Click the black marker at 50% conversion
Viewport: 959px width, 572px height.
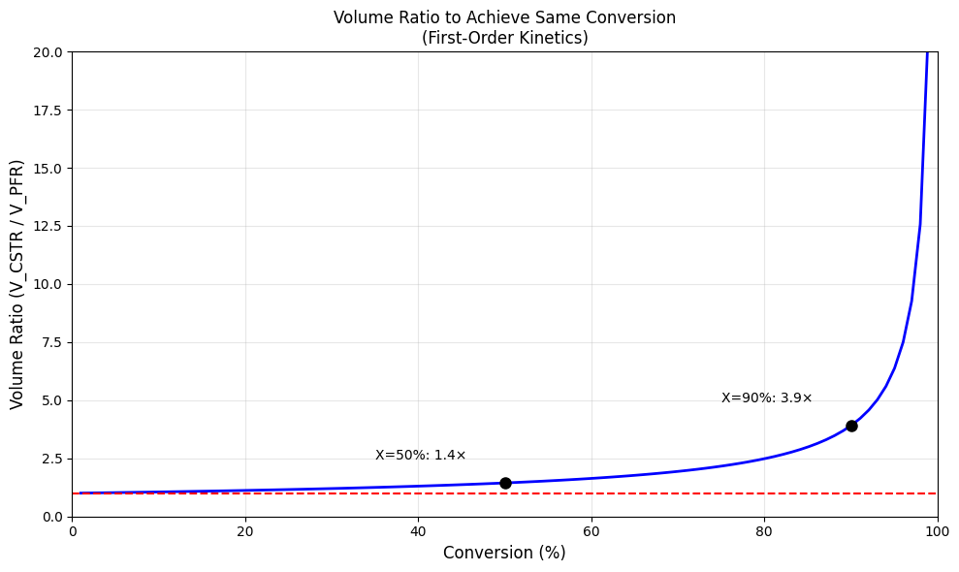(505, 484)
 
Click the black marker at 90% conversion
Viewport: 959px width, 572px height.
(851, 426)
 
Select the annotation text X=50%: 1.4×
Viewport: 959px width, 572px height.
(420, 455)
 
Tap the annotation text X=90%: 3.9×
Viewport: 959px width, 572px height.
(766, 397)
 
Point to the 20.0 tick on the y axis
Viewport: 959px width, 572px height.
(48, 52)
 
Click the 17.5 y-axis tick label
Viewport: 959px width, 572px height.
(48, 111)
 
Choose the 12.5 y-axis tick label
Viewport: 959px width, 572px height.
(48, 227)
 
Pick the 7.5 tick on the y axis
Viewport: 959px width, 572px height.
(52, 343)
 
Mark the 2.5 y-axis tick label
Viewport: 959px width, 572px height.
(52, 460)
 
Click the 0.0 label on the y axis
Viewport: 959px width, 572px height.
(52, 518)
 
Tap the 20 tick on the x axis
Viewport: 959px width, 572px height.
(245, 531)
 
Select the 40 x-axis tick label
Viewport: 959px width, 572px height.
(418, 531)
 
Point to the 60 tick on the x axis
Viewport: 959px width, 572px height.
(591, 531)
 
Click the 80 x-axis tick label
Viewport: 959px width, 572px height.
(764, 531)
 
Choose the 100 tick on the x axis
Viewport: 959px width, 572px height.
(938, 531)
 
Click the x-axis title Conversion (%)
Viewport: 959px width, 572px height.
(504, 553)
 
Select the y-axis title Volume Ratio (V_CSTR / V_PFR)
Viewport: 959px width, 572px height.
(16, 284)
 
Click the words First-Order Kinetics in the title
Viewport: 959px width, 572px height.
(504, 38)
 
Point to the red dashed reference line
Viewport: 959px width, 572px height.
(504, 493)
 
